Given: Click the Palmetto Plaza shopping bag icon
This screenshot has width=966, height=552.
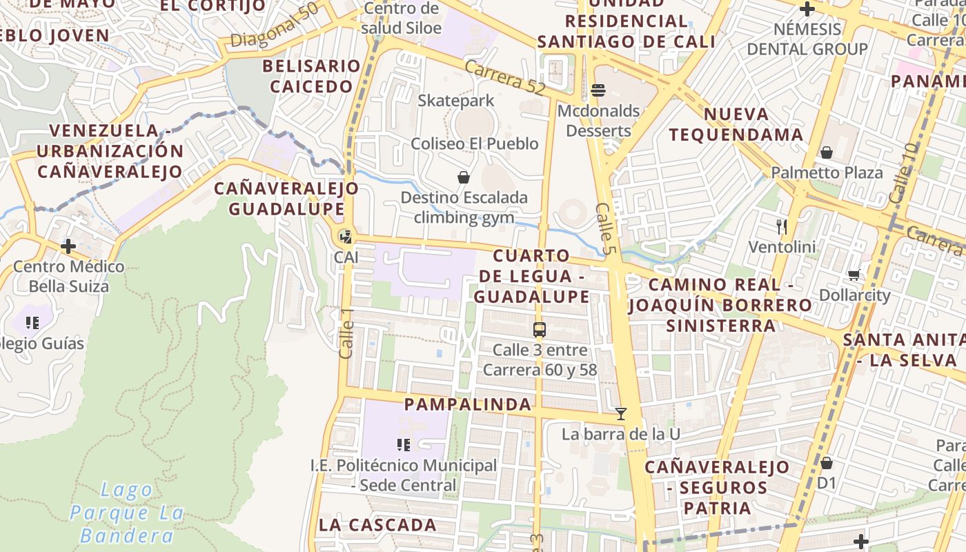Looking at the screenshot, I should pos(826,152).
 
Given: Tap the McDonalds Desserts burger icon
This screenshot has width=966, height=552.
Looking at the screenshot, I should pos(598,90).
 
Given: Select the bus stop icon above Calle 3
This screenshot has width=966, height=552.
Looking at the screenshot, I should pos(540,329).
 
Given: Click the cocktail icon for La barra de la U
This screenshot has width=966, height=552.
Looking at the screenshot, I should pos(621,413).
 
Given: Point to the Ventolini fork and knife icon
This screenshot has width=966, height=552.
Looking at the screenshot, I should pos(782,226).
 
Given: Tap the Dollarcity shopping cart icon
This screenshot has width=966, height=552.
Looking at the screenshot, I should pos(854,275).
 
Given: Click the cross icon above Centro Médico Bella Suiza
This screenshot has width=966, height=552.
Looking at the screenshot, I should pos(68,246).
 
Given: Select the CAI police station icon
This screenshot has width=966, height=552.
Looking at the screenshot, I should pos(345,237).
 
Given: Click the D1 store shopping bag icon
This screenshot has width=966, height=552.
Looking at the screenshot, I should pos(826,462).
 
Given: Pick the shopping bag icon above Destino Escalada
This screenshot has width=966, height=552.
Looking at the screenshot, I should pos(464,177).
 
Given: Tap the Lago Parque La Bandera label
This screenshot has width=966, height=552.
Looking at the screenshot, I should pos(127,513).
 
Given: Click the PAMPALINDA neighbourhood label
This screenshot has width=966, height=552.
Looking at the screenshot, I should pos(468,404).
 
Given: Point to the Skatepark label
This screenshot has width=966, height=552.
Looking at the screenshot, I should pos(455,101).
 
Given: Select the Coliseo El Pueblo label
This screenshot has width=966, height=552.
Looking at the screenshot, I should pos(474,144).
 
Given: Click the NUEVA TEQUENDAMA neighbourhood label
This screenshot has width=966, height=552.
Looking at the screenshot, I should pos(736,124).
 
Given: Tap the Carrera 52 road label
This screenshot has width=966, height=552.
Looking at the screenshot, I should pos(505,78).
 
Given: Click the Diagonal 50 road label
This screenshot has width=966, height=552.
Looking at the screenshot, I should pos(275,26).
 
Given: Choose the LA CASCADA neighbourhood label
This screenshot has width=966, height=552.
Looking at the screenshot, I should pos(377,524).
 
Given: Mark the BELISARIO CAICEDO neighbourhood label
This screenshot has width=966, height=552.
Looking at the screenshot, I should pos(310,76).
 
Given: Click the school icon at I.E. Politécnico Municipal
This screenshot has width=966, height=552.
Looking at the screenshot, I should pos(404,445).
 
